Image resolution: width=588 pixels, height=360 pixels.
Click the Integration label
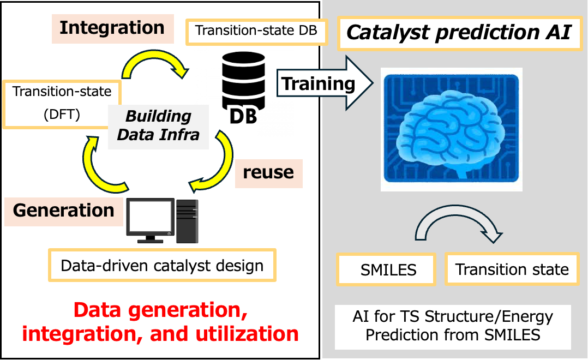coord(112,28)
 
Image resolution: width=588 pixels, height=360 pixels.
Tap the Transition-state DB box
coord(256,31)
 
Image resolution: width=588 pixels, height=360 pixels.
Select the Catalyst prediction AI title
coord(459,33)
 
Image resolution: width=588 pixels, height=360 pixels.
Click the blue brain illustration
coord(451,129)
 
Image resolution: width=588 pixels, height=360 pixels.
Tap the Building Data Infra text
coord(158,125)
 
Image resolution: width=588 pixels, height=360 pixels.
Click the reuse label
coord(268,172)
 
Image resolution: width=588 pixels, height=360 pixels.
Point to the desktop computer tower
coord(187,220)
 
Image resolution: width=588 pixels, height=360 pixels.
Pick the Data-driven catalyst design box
coord(162,266)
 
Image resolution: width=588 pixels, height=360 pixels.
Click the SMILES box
coord(388,269)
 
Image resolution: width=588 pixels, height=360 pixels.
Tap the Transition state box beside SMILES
coord(512,269)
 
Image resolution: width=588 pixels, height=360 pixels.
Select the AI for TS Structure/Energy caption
coord(452,325)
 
